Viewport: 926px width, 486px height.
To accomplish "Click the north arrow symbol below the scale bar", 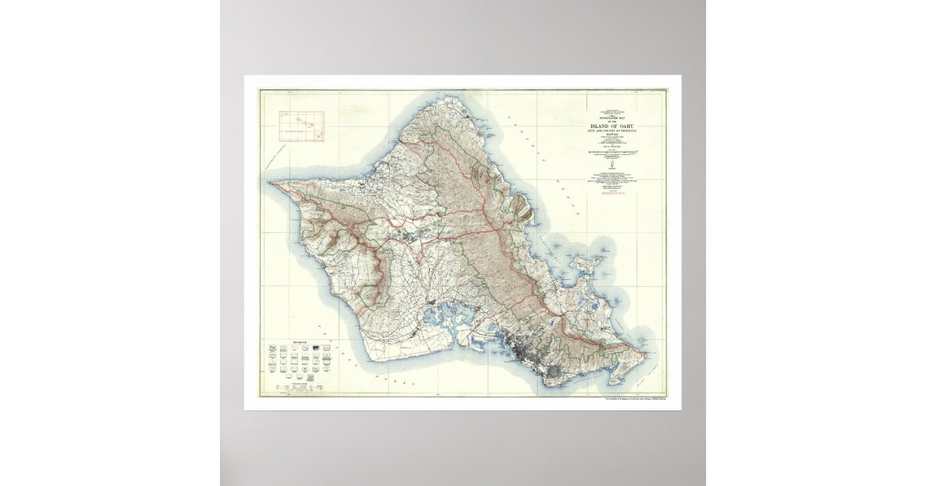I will [x=612, y=164].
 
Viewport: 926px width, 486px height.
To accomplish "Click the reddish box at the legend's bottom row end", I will [x=325, y=380].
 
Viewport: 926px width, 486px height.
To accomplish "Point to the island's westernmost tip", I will [x=271, y=184].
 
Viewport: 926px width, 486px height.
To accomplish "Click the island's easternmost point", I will [x=644, y=355].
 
